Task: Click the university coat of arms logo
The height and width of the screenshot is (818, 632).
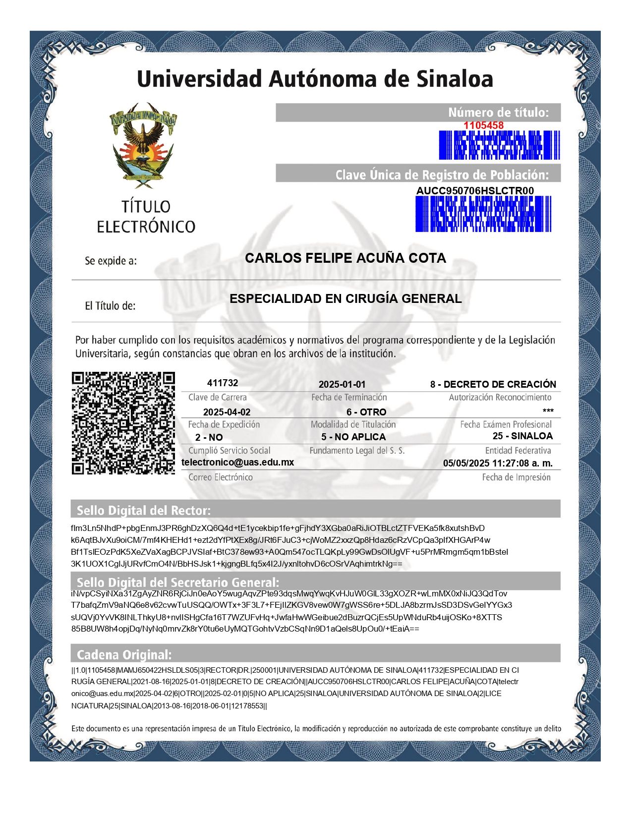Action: tap(143, 145)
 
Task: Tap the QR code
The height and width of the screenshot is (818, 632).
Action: tap(123, 423)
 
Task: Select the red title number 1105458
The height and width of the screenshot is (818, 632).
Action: tap(483, 125)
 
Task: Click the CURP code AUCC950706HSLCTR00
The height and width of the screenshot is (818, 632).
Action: tap(475, 191)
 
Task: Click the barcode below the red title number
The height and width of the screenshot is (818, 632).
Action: tap(499, 145)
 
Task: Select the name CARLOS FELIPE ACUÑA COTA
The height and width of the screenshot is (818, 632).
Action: tap(345, 258)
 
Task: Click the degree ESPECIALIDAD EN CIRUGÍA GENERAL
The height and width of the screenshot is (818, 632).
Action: tap(345, 298)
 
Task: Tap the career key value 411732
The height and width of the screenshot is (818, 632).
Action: tap(223, 383)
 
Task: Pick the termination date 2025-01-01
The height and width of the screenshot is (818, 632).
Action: tap(342, 385)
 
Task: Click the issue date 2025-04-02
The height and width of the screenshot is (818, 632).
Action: tap(227, 412)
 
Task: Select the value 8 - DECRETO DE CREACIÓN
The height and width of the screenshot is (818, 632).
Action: tap(493, 385)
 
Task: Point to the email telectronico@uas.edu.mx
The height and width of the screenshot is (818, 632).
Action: tap(238, 463)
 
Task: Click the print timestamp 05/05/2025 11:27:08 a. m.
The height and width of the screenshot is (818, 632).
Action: tap(498, 464)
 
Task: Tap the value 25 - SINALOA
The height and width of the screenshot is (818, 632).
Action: tap(522, 436)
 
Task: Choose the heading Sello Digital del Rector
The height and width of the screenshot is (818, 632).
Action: tap(144, 510)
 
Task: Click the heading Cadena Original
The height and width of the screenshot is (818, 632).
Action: tap(124, 654)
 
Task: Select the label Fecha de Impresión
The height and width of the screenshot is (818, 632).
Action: tap(516, 477)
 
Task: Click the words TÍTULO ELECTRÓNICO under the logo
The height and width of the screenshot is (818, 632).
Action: tap(146, 217)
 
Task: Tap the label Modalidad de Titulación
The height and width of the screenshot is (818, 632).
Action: tap(353, 425)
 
